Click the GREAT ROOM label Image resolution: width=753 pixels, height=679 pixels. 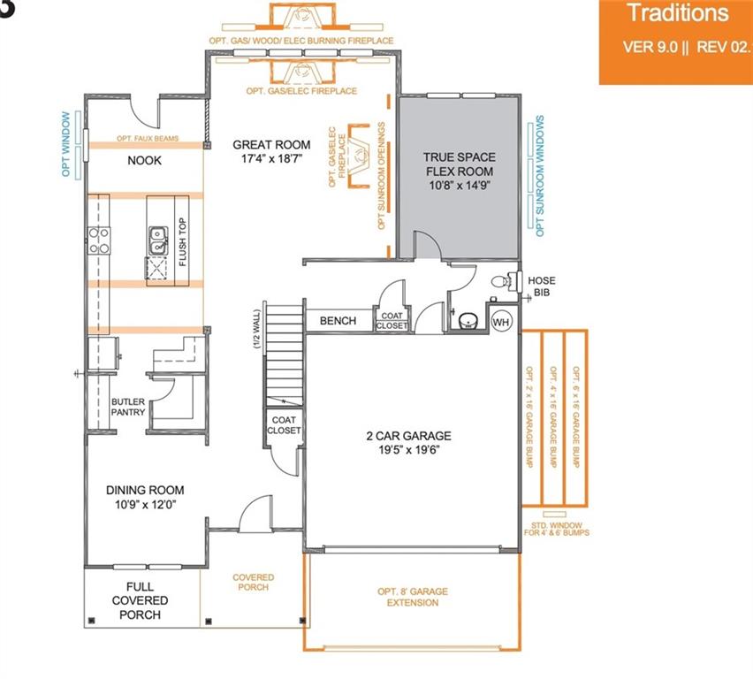point(271,152)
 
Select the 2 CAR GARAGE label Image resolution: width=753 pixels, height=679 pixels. point(409,443)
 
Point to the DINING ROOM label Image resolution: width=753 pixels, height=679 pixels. point(145,498)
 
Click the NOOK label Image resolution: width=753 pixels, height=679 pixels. point(145,161)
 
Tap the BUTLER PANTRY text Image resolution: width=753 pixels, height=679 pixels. point(127,407)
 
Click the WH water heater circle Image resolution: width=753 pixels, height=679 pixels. point(501,320)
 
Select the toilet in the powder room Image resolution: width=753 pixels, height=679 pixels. point(501,282)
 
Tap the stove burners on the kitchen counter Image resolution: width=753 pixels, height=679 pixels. point(98,240)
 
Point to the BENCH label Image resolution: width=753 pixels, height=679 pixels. point(338,321)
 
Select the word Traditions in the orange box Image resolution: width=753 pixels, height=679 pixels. point(677,13)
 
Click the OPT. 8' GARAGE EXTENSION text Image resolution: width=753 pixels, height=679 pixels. point(411,597)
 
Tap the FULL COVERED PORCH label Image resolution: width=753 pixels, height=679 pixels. point(140,601)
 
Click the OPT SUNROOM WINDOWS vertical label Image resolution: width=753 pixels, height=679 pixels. point(539,176)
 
